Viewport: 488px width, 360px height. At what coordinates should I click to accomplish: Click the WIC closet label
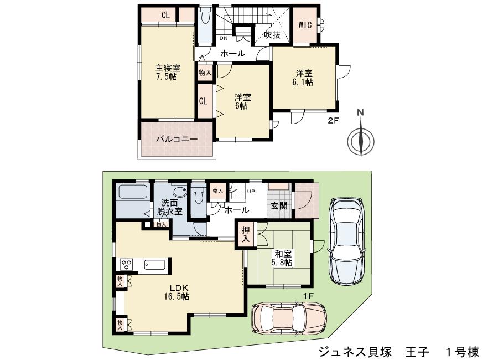[305, 25]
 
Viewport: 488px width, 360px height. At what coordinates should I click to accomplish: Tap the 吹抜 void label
[271, 35]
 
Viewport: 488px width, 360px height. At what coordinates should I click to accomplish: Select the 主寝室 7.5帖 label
[167, 72]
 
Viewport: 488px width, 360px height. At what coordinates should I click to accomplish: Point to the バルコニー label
[176, 139]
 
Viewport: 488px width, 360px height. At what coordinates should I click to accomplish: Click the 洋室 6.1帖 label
[303, 78]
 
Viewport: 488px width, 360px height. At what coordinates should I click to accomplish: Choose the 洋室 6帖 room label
[242, 101]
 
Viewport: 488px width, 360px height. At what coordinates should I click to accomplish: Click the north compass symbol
[361, 138]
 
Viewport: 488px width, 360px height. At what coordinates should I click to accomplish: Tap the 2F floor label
[332, 121]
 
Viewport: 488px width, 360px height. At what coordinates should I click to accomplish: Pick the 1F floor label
[308, 296]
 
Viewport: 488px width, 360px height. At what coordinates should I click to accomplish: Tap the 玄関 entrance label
[278, 205]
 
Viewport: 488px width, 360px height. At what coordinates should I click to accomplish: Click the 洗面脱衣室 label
[168, 207]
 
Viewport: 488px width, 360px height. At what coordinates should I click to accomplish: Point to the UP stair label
[251, 191]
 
